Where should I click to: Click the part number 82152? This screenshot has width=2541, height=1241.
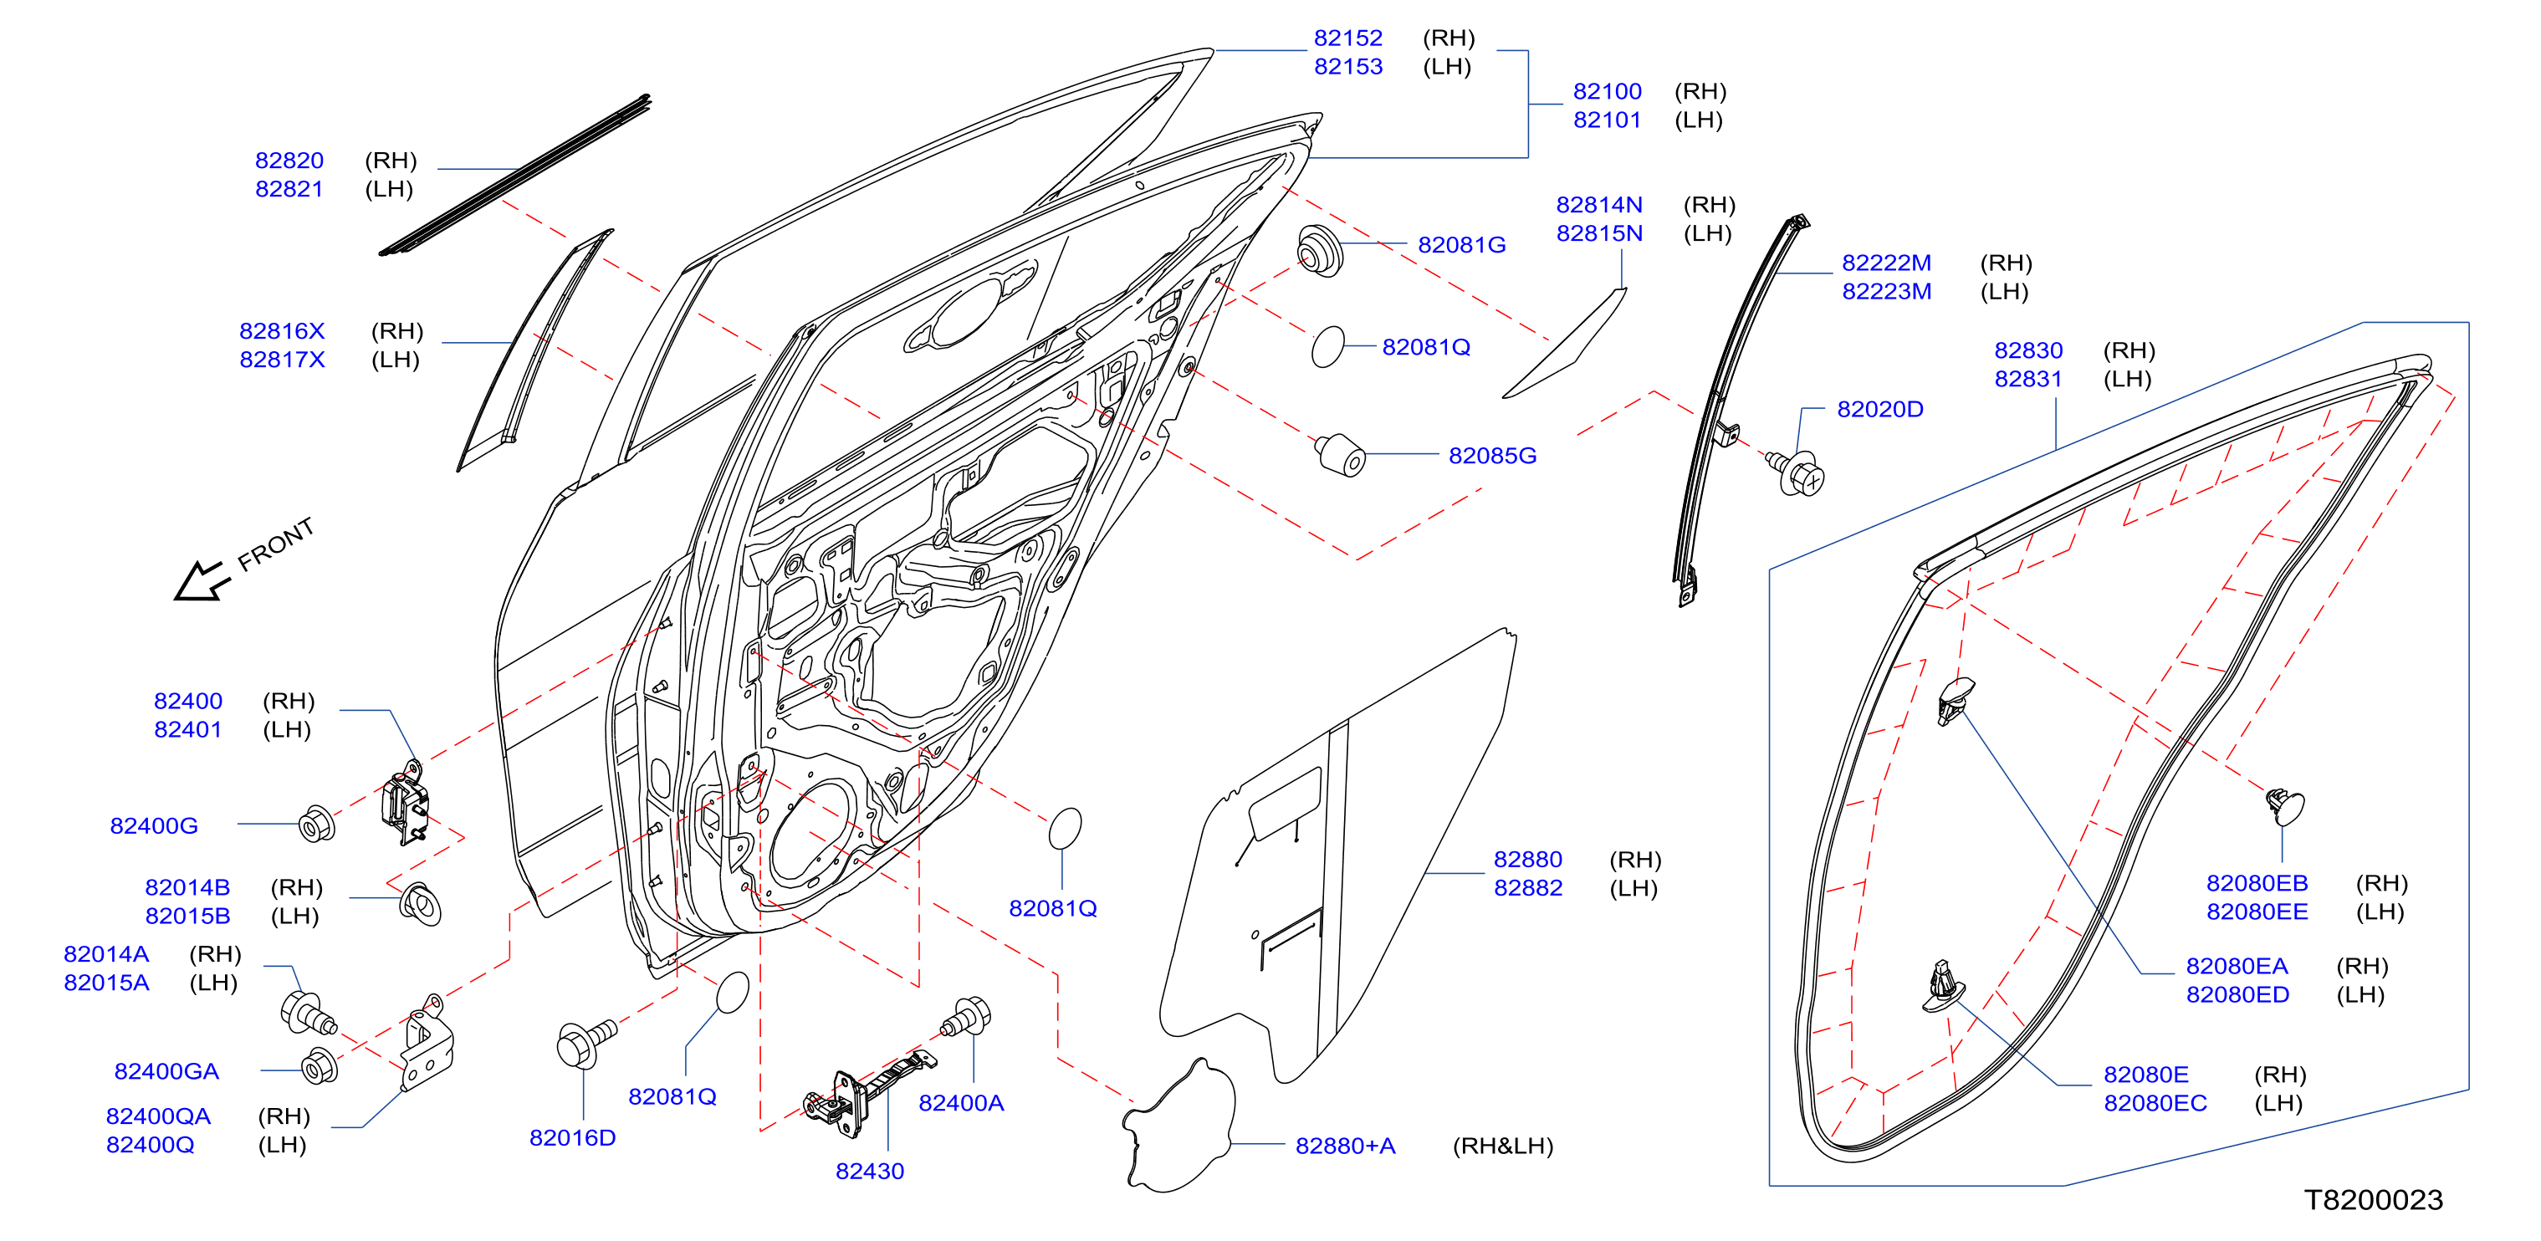[1347, 38]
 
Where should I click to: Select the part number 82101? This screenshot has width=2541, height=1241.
[1607, 120]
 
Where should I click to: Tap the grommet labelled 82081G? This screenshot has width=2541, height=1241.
[1320, 251]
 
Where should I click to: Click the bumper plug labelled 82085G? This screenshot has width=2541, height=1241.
[1341, 454]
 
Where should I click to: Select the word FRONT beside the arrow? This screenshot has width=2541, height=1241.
[275, 544]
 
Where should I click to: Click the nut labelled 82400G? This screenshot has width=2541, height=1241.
[317, 824]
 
